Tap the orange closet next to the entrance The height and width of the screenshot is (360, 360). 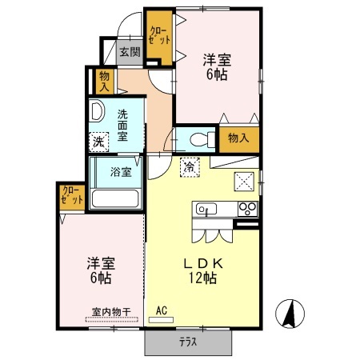(x=158, y=37)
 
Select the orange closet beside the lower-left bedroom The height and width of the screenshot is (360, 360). (x=71, y=198)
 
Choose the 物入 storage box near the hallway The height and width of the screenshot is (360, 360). (x=104, y=80)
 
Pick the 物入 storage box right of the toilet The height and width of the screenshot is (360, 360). (x=238, y=138)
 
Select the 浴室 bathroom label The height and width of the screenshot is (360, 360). (x=121, y=170)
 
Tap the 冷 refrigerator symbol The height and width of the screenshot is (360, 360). (x=189, y=167)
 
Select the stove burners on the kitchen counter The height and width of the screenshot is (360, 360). (x=247, y=210)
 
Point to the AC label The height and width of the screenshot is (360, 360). (x=161, y=310)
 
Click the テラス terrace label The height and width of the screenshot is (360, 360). (x=189, y=342)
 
